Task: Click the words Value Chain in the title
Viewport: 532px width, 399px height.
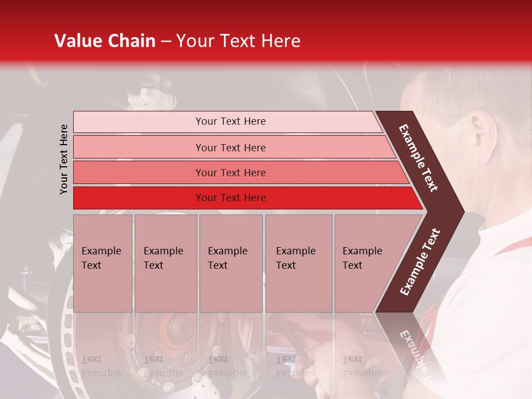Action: point(105,41)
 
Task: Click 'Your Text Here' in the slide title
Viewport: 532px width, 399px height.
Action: point(238,41)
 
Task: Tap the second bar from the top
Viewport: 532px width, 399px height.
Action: point(231,147)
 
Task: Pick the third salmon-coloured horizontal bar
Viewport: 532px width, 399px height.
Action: point(231,172)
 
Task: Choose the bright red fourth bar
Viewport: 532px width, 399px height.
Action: point(231,198)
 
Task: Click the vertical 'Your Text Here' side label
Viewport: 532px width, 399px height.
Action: point(64,159)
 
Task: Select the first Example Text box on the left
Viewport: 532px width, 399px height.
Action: point(103,263)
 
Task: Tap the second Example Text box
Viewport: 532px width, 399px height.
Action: point(165,263)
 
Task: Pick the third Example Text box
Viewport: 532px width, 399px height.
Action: point(230,263)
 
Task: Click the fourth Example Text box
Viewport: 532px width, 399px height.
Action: point(298,263)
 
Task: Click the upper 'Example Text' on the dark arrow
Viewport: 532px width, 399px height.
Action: point(418,158)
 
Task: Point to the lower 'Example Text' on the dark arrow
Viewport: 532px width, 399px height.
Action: point(420,262)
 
